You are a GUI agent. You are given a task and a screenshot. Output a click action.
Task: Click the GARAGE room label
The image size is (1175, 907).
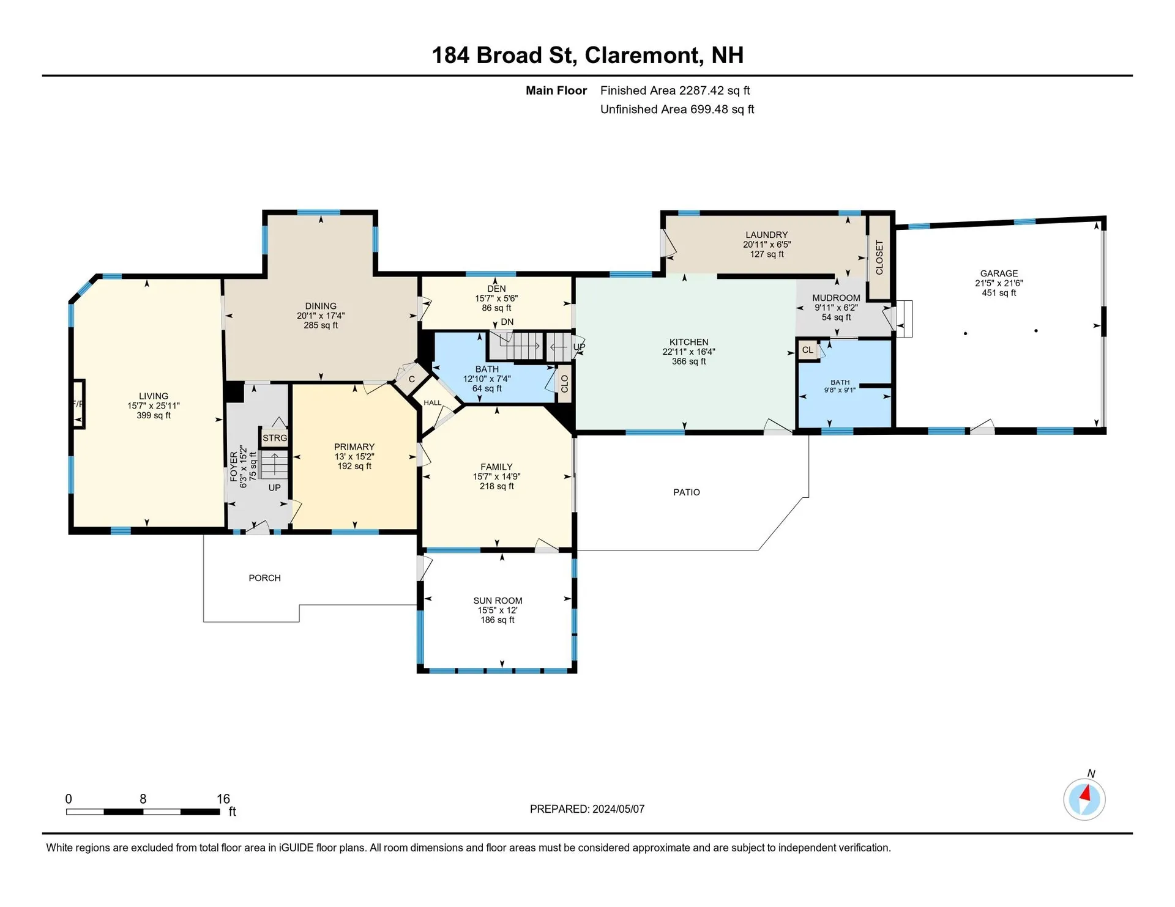coord(999,273)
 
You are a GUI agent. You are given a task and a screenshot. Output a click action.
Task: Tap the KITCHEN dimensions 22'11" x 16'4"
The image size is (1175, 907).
coord(688,352)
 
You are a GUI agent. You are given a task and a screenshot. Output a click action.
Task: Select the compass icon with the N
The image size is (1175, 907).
coord(1084,799)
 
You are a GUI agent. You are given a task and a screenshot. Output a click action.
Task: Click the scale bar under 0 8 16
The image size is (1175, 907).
coord(143,812)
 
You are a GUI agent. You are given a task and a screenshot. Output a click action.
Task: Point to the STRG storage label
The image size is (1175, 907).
coord(275,438)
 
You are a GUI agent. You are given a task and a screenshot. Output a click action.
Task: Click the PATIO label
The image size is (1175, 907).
coord(687,492)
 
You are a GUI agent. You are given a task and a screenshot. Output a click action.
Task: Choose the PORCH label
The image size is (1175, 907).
coord(265,578)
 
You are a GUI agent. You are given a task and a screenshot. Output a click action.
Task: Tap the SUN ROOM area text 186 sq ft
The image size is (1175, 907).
coord(498,620)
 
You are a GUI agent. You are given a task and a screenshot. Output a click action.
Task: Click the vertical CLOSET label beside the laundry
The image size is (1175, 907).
coord(879,257)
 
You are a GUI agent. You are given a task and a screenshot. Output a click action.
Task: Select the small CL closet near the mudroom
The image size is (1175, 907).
coord(808,350)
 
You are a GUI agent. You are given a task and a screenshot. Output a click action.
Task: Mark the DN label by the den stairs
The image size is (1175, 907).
coord(507,322)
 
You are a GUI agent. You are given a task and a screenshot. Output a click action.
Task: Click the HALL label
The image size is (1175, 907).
coord(432,402)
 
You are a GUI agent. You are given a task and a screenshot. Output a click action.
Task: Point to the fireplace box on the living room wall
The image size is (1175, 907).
coord(78,404)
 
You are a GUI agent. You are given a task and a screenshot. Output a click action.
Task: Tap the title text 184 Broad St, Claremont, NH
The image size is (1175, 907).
coord(587,55)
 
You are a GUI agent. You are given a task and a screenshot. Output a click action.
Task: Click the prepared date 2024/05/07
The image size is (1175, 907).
coord(618,809)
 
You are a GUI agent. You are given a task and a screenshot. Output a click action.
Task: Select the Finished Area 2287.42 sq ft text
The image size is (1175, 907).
coord(675,91)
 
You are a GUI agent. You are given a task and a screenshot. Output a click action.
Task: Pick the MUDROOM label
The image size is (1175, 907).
coord(836,298)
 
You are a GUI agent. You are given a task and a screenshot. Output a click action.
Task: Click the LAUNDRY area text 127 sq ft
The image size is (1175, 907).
coord(767,254)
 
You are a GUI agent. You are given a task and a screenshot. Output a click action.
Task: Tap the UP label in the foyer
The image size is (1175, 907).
coord(274,487)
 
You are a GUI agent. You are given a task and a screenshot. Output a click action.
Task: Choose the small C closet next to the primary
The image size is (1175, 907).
coord(412,379)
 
